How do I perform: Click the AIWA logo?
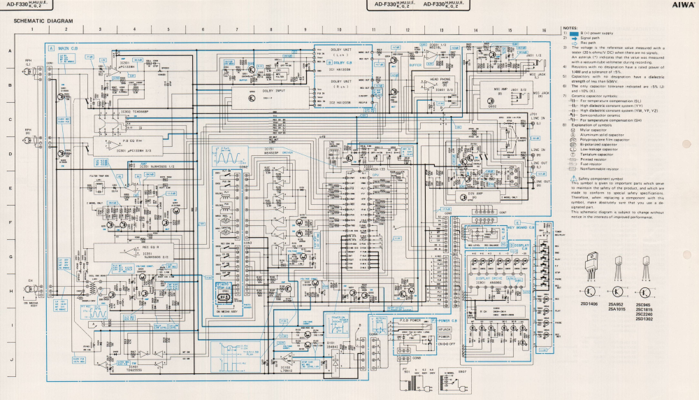(683, 4)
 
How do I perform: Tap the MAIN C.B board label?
(68, 48)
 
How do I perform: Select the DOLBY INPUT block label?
(273, 91)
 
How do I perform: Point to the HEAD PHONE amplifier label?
(440, 79)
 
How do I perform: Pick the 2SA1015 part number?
(617, 308)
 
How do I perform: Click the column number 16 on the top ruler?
(543, 31)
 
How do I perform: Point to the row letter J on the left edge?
(10, 359)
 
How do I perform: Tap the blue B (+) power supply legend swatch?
(576, 33)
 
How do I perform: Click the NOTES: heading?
(570, 28)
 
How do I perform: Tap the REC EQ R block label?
(150, 247)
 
